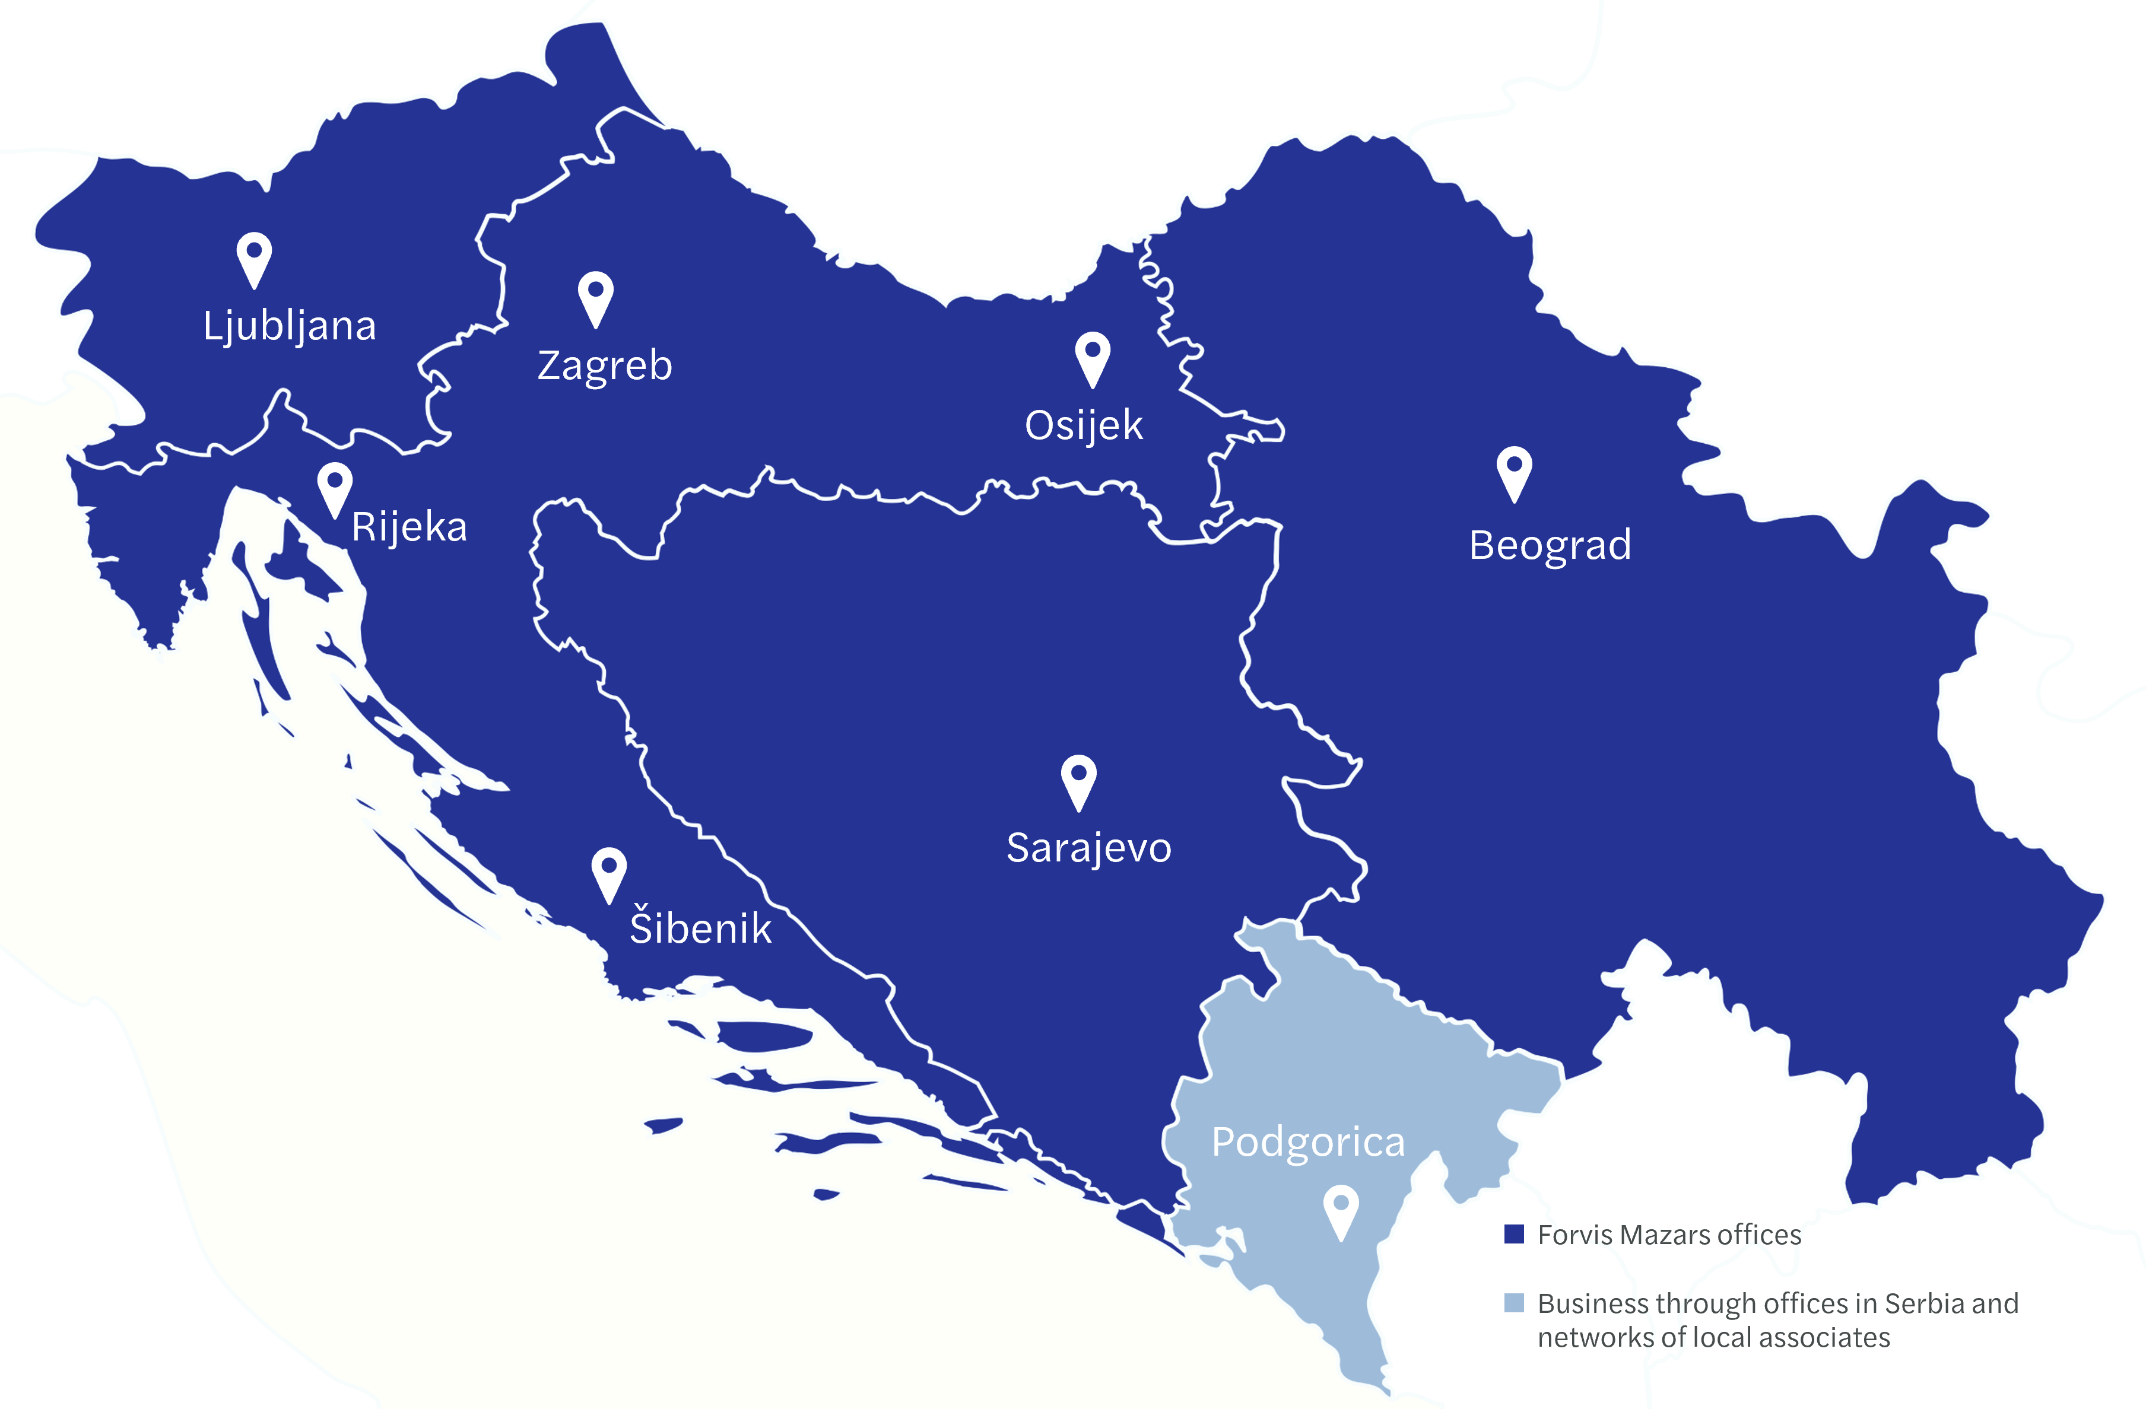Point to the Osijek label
(1083, 425)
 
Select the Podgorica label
(1307, 1142)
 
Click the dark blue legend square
(1514, 1234)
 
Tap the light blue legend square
(1514, 1303)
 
